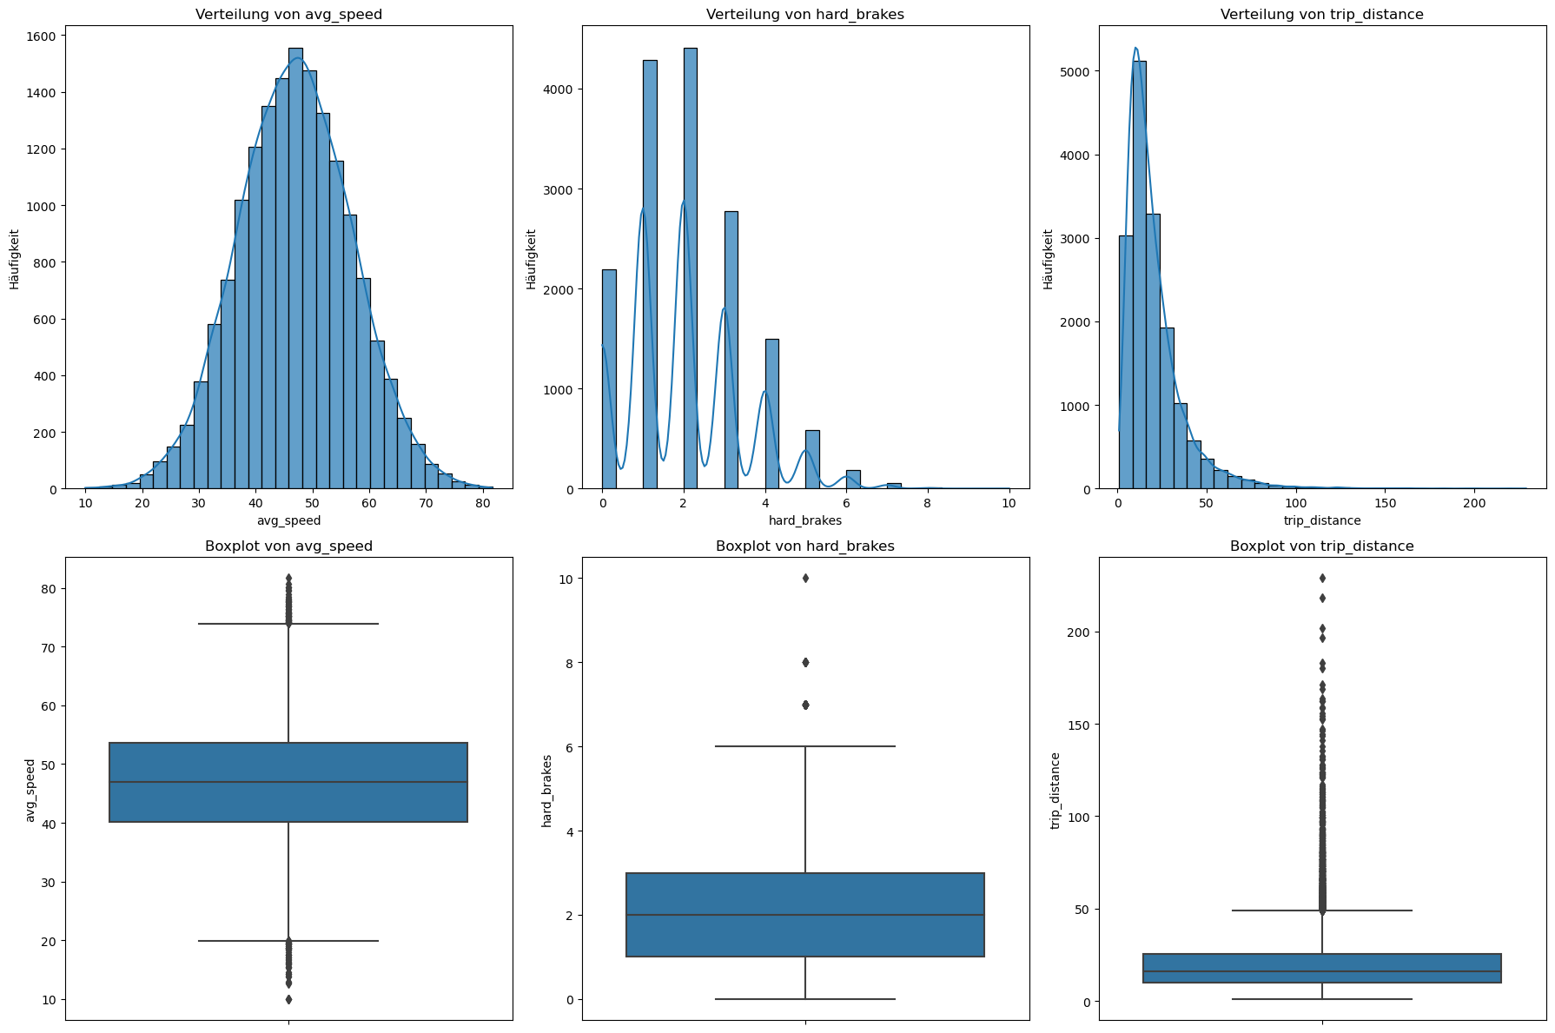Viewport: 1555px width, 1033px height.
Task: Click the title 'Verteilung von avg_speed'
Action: (x=288, y=15)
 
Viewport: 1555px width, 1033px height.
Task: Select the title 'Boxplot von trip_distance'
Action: (x=1321, y=546)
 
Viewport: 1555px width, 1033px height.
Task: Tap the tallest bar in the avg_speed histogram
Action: (x=295, y=269)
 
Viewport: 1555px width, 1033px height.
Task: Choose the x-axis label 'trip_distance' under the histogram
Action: (x=1321, y=520)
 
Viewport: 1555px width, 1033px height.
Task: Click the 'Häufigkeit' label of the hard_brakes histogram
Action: (x=531, y=259)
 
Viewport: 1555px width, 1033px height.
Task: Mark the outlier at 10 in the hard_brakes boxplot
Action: (x=805, y=578)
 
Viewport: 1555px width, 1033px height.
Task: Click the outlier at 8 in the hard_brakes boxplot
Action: (x=805, y=662)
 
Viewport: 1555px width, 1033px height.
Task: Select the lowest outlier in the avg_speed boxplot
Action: (x=288, y=999)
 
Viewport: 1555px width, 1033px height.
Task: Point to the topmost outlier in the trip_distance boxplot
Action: (x=1322, y=578)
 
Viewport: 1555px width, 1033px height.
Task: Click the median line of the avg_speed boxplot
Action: (x=288, y=782)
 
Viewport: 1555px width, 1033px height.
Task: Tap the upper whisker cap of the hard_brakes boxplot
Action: (x=805, y=746)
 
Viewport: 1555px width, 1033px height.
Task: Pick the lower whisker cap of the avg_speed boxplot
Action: (x=288, y=941)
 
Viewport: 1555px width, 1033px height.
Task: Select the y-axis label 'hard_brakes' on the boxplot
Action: (x=546, y=790)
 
